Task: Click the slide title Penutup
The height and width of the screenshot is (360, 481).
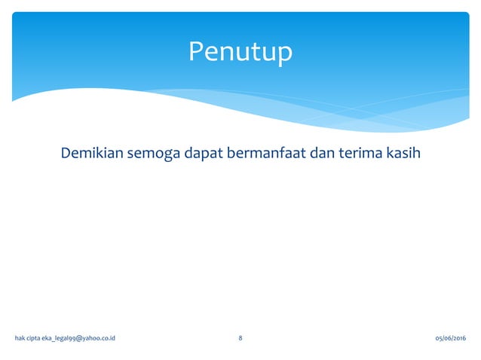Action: [240, 52]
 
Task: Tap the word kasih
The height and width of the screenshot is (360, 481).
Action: [403, 154]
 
